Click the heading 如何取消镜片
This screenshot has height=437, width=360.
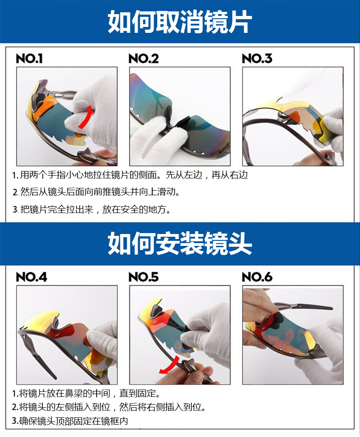pyautogui.click(x=180, y=22)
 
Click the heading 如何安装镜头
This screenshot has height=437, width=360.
pyautogui.click(x=180, y=243)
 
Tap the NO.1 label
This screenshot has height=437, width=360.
pyautogui.click(x=29, y=58)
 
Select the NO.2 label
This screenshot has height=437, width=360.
pyautogui.click(x=144, y=58)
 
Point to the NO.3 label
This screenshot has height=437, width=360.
pyautogui.click(x=257, y=58)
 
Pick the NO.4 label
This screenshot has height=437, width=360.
pyautogui.click(x=31, y=277)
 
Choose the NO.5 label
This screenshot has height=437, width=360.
pyautogui.click(x=144, y=277)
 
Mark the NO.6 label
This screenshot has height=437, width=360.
pyautogui.click(x=257, y=277)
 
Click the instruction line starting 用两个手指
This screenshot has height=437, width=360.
pyautogui.click(x=130, y=175)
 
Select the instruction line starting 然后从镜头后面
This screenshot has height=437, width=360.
pyautogui.click(x=96, y=192)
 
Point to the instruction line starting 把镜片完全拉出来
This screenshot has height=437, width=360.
pyautogui.click(x=92, y=209)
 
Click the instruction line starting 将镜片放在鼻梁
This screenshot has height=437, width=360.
pyautogui.click(x=86, y=393)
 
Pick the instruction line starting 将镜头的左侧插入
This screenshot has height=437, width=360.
pyautogui.click(x=109, y=407)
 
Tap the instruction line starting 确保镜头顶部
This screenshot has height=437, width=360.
pyautogui.click(x=70, y=421)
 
